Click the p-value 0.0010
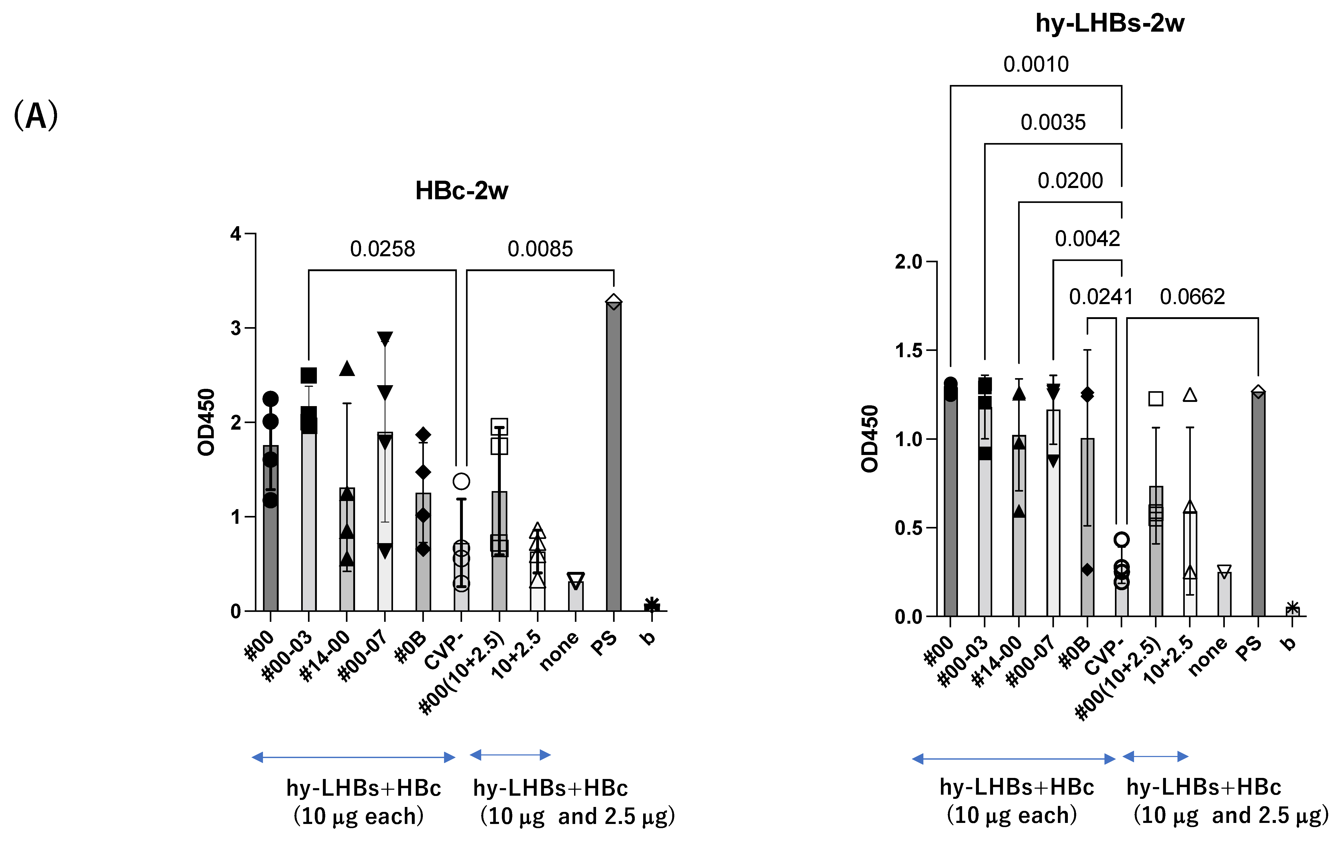point(1036,65)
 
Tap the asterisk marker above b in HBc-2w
point(652,604)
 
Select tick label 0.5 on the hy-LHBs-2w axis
point(908,528)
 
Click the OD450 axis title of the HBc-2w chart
point(206,422)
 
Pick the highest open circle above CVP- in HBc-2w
point(461,481)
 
